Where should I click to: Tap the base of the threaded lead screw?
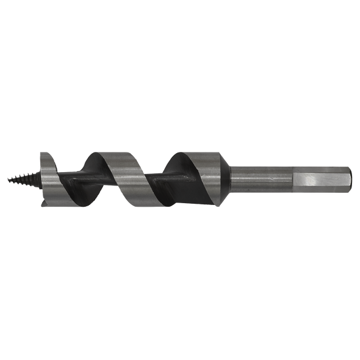[36, 179]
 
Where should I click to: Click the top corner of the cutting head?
[43, 153]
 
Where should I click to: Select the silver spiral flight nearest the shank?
[195, 174]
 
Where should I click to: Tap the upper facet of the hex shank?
[320, 168]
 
